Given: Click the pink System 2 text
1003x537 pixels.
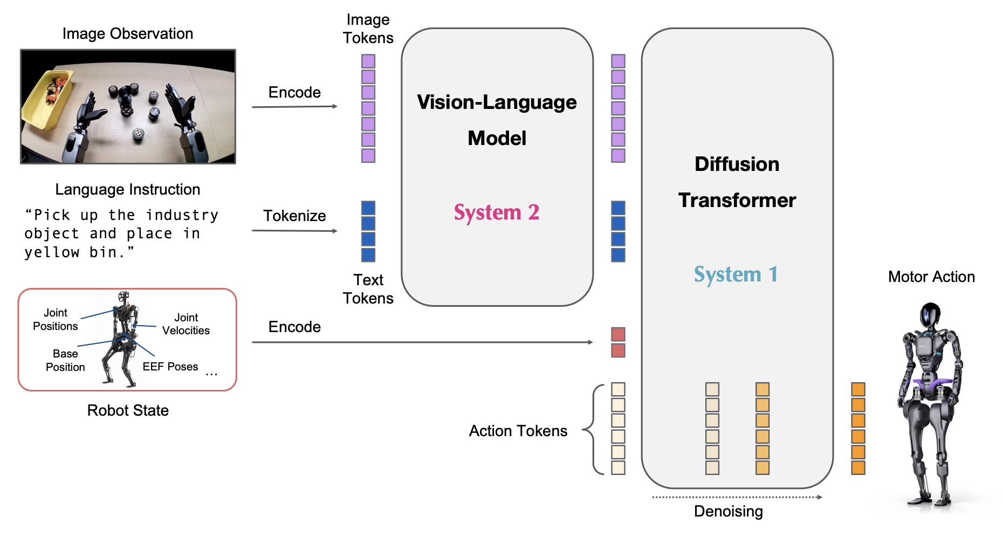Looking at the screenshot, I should tap(496, 212).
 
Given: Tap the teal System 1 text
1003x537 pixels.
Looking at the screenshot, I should tap(736, 274).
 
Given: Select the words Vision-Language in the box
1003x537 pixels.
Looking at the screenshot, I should tap(497, 102).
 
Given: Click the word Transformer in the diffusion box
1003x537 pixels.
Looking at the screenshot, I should tap(737, 201).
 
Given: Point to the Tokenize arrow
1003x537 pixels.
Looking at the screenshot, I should tap(294, 231).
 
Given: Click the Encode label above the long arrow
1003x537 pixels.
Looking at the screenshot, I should tap(294, 327).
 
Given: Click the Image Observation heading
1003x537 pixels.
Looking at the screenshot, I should tap(128, 33).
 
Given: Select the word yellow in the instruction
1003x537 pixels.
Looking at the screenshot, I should tap(52, 252).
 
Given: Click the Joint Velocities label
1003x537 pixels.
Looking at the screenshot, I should tap(186, 324).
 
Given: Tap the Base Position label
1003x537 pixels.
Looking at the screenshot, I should tap(65, 360).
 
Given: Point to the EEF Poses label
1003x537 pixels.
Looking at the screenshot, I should tap(170, 367).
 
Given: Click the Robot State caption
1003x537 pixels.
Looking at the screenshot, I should tap(128, 410).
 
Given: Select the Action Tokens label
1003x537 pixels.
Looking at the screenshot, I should tap(518, 431).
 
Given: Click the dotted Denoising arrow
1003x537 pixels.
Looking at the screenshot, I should tap(737, 497).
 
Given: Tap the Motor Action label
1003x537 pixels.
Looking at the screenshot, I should tap(931, 277).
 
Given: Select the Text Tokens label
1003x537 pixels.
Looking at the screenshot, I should tap(368, 289).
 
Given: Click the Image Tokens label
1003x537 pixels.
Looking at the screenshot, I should tap(368, 29).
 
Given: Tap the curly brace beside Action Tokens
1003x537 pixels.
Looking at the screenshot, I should tap(593, 430).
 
